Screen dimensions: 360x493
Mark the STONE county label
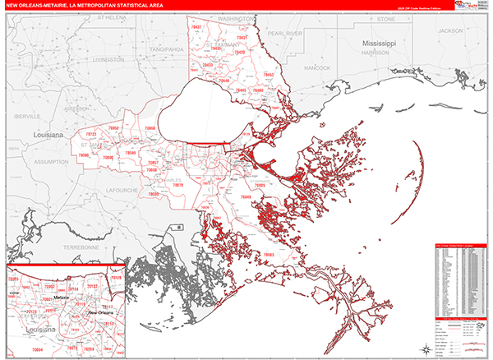[x=386, y=17]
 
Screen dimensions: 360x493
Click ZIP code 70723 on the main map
[x=90, y=134]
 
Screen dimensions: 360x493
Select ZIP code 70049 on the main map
[x=130, y=153]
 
